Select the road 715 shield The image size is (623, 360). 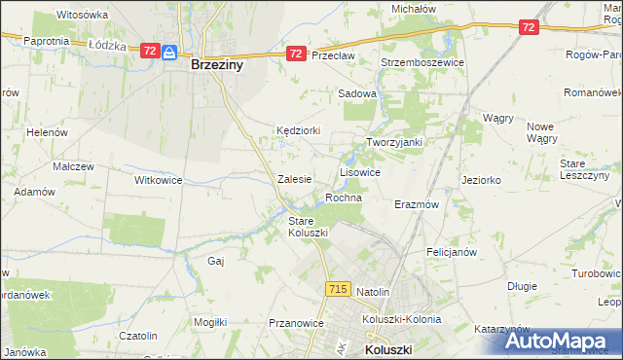click(338, 289)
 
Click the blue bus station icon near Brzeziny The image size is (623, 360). click(168, 52)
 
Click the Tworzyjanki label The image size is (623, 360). click(393, 142)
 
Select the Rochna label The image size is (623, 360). click(344, 198)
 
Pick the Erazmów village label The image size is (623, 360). click(417, 205)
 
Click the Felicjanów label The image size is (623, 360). click(451, 251)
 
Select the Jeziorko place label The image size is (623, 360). click(482, 180)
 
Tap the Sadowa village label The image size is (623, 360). click(356, 94)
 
